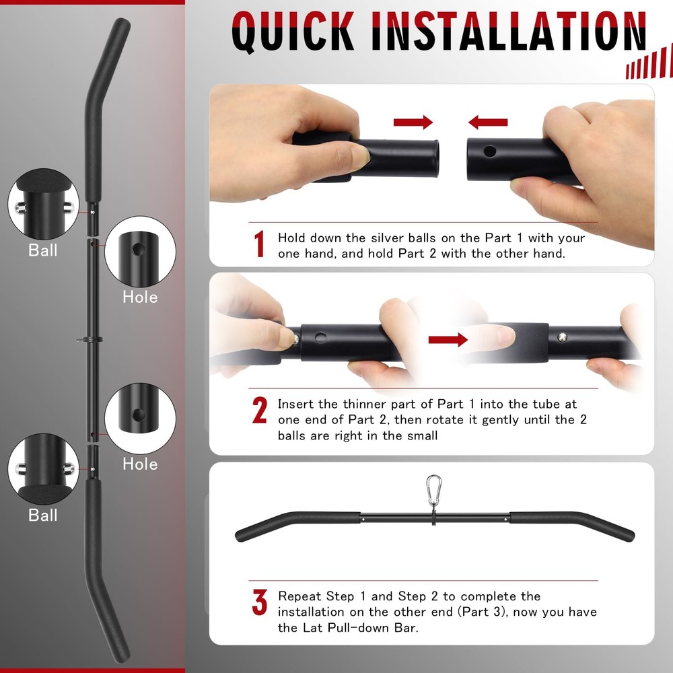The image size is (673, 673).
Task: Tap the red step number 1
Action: pyautogui.click(x=259, y=244)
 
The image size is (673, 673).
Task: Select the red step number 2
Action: pyautogui.click(x=260, y=411)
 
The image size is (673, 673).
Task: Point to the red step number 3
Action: pyautogui.click(x=260, y=603)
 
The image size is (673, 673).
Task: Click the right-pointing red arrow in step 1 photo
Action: pyautogui.click(x=413, y=122)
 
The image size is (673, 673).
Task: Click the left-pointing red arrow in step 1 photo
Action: pyautogui.click(x=488, y=122)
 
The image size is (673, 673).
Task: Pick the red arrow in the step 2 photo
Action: pyautogui.click(x=448, y=339)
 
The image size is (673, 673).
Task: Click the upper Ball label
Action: pyautogui.click(x=43, y=250)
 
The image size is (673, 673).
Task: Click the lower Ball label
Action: pyautogui.click(x=43, y=516)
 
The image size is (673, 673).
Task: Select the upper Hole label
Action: pyautogui.click(x=140, y=297)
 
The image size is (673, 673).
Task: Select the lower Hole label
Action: pyautogui.click(x=140, y=464)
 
